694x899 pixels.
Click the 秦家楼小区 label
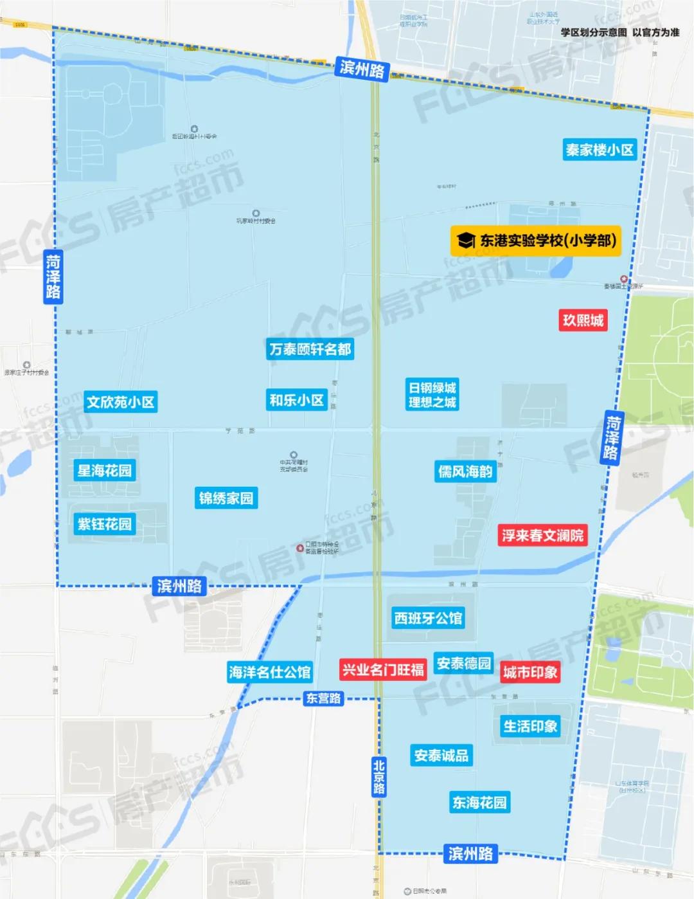coord(600,150)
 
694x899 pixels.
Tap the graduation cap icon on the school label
coord(466,241)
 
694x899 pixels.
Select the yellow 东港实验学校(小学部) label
coord(536,241)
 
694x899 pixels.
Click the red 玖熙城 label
coord(583,320)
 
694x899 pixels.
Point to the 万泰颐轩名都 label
coord(310,349)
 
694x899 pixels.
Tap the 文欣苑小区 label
coord(121,402)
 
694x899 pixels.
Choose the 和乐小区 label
coord(296,400)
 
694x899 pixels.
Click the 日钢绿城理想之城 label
coord(432,395)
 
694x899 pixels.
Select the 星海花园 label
coord(104,471)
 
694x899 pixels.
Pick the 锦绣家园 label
coord(226,498)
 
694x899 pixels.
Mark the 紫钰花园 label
coord(104,524)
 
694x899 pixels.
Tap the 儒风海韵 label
coord(465,471)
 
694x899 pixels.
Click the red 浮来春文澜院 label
coord(542,536)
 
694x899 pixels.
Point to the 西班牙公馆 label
coord(428,618)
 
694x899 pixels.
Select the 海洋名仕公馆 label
coord(269,673)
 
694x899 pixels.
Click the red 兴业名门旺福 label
coord(383,669)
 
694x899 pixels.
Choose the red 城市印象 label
coord(530,673)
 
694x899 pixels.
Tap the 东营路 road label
coord(323,698)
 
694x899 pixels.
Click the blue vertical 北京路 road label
coord(379,776)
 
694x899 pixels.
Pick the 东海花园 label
coord(479,803)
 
